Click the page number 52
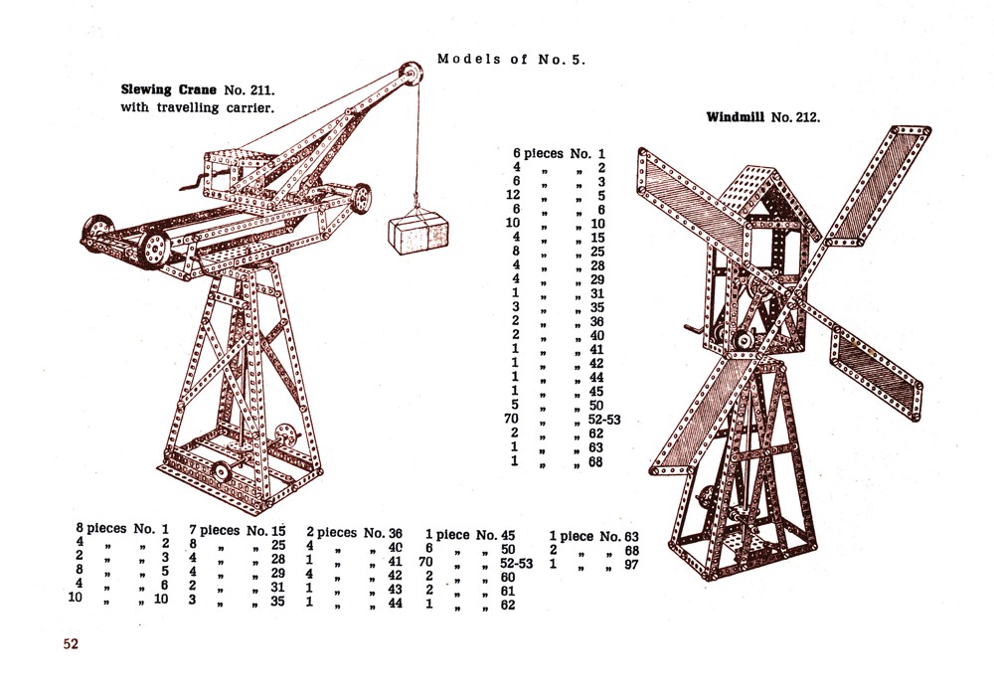point(71,643)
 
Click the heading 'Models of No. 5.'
point(511,59)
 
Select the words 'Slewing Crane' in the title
point(168,89)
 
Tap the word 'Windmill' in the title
point(736,116)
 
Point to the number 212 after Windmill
point(805,117)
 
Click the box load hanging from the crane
point(418,233)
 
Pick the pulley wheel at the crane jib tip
point(411,74)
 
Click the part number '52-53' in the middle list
point(604,420)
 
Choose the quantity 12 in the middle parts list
point(513,195)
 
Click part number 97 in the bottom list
point(631,564)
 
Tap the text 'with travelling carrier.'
point(197,107)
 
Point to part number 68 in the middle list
point(595,462)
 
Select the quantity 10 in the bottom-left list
point(75,598)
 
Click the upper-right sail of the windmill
point(878,184)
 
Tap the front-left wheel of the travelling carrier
point(154,250)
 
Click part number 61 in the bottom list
point(507,591)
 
